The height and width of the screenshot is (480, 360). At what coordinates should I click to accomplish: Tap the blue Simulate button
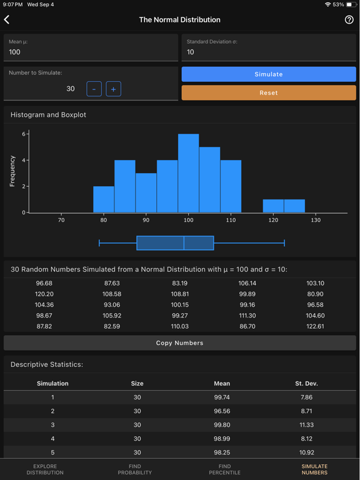[x=269, y=74]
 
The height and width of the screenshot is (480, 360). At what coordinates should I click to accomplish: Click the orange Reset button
[x=269, y=92]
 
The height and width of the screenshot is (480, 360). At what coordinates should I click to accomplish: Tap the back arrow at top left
[x=7, y=20]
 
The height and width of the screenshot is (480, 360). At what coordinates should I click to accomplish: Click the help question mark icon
[x=349, y=20]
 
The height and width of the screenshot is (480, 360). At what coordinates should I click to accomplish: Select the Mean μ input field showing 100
[x=91, y=52]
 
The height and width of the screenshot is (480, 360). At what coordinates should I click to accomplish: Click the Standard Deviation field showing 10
[x=269, y=52]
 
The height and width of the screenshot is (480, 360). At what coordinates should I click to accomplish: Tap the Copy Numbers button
[x=179, y=343]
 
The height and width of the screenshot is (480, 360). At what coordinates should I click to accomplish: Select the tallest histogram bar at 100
[x=188, y=173]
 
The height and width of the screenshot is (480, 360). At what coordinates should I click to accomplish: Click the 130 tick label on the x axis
[x=316, y=220]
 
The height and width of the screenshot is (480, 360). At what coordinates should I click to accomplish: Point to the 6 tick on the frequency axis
[x=24, y=134]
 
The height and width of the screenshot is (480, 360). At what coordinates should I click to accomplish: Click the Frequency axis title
[x=12, y=171]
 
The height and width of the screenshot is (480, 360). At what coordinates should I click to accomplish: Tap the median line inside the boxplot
[x=184, y=243]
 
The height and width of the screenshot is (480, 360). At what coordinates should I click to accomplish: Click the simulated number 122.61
[x=315, y=326]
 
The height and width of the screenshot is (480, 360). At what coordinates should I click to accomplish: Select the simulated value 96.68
[x=44, y=283]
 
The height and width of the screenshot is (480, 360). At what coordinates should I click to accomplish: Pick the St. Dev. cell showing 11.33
[x=306, y=425]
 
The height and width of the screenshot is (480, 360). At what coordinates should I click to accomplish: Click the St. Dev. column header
[x=306, y=383]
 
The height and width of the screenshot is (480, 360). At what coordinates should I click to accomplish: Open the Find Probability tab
[x=134, y=469]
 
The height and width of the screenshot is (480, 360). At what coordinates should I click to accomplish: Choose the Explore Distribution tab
[x=45, y=469]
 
